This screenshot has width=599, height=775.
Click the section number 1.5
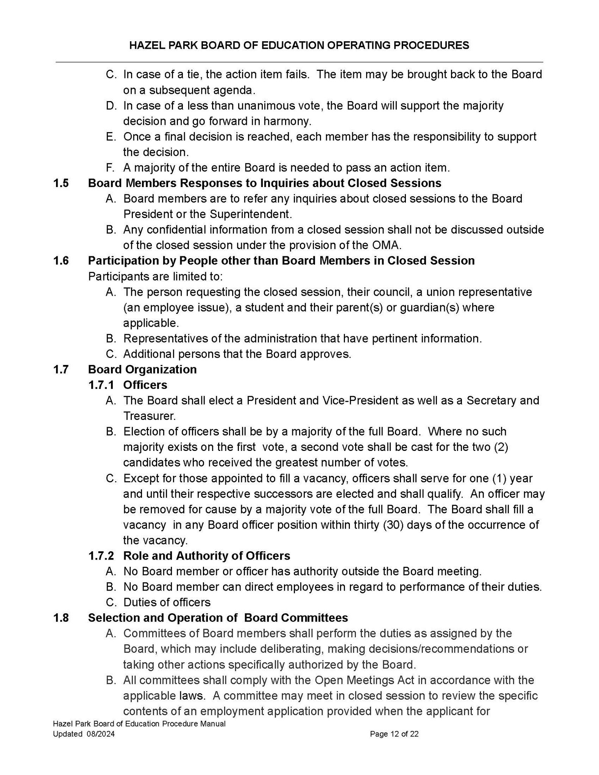(x=61, y=183)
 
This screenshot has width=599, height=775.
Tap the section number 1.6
(x=61, y=261)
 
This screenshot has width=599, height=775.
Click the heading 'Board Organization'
(x=142, y=370)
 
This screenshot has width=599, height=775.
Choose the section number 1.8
(x=61, y=618)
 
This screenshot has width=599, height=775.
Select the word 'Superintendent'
(x=250, y=214)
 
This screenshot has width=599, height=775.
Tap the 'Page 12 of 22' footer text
(x=394, y=734)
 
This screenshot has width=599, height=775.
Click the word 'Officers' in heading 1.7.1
(x=145, y=385)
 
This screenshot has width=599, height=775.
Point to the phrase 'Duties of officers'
(x=167, y=602)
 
